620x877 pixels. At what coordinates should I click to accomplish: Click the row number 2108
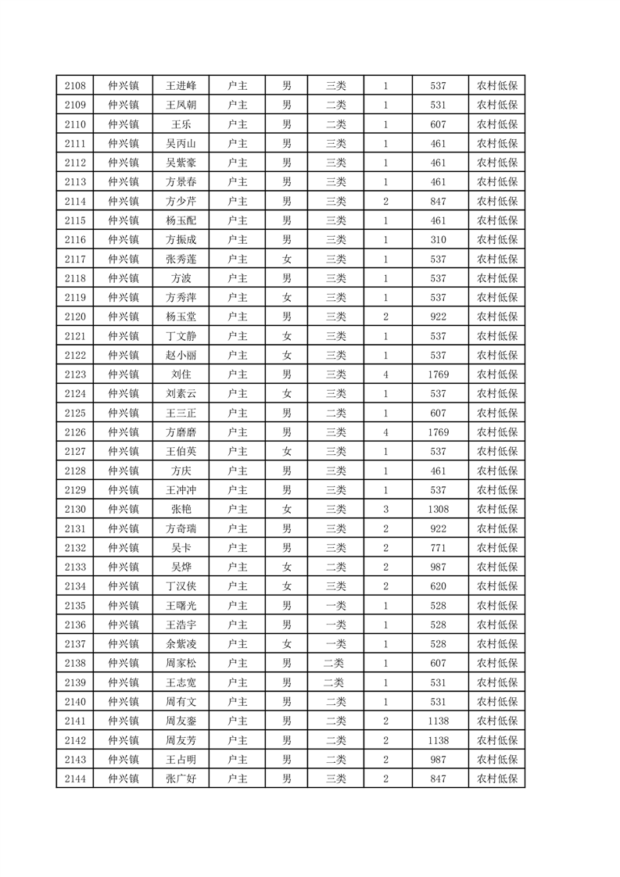point(75,86)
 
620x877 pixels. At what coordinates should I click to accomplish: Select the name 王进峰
point(181,86)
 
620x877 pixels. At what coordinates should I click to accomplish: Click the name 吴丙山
point(181,144)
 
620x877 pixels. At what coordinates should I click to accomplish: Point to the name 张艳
point(181,509)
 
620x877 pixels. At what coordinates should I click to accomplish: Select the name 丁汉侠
point(181,586)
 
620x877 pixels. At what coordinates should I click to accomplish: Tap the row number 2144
point(75,779)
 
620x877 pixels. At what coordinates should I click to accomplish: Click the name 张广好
point(181,779)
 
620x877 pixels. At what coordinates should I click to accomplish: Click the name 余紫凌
point(181,644)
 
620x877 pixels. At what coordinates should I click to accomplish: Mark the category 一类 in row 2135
point(335,605)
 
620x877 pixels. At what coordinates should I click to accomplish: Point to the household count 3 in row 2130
point(385,509)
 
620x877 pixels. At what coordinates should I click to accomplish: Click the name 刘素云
point(181,394)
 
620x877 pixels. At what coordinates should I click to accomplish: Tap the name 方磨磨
point(181,432)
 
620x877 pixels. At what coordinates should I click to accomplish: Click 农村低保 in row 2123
point(497,374)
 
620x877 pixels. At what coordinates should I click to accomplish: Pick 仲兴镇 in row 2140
point(124,702)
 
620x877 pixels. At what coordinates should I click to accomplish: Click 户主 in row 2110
point(237,124)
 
